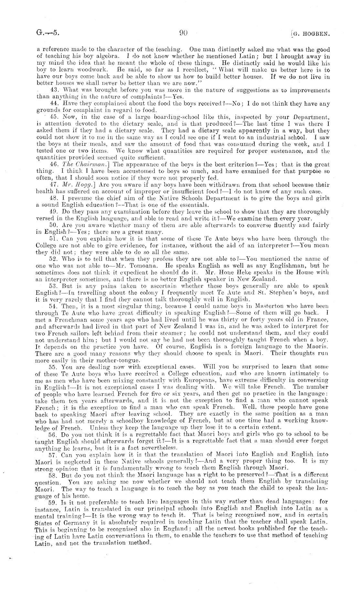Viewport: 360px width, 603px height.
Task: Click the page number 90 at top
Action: [x=183, y=33]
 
